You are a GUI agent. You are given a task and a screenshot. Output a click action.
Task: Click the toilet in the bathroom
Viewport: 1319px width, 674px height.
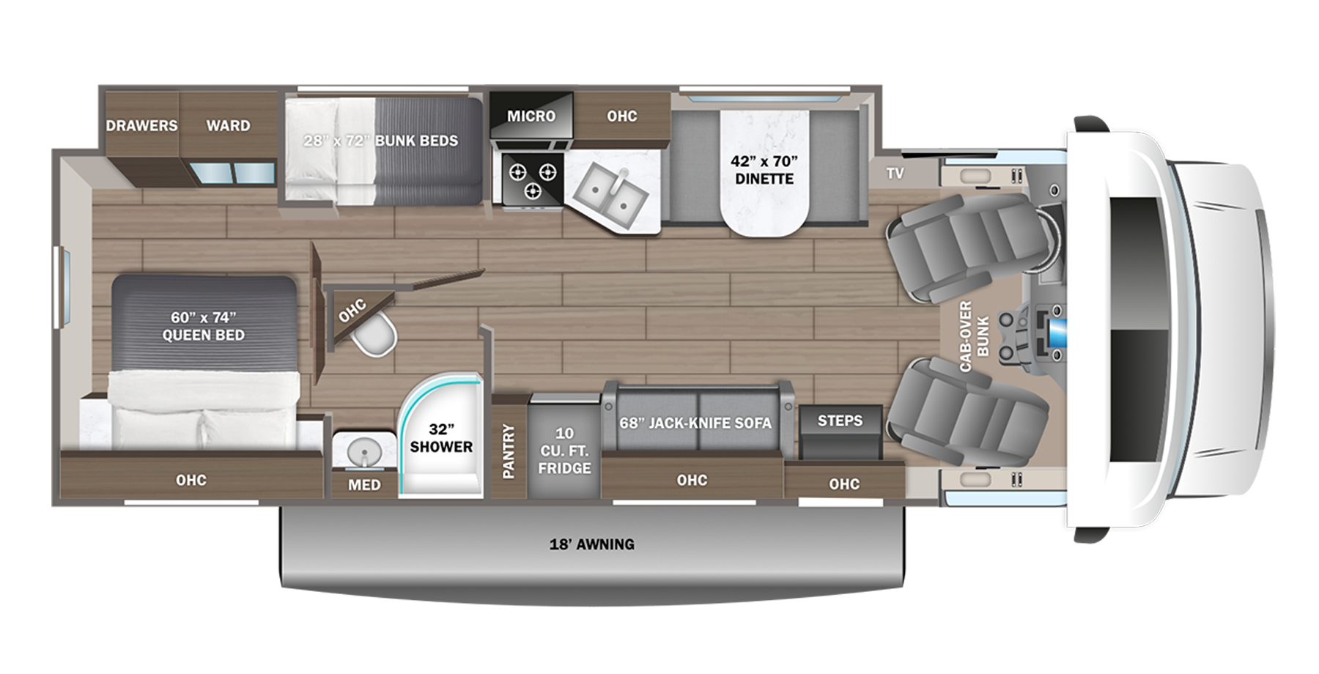tap(374, 336)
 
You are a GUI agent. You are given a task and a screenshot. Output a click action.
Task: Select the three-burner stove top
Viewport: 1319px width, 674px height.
tap(532, 179)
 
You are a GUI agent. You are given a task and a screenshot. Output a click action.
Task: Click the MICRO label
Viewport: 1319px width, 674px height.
tap(531, 116)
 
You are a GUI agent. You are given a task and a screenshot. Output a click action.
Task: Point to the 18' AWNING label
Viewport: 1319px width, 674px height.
tap(592, 544)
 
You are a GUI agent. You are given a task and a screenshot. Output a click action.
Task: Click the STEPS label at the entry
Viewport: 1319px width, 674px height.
tap(840, 421)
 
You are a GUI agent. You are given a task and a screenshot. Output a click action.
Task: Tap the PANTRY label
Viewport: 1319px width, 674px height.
tap(509, 451)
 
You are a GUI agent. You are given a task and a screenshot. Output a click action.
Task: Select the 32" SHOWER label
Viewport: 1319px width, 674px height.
tap(441, 438)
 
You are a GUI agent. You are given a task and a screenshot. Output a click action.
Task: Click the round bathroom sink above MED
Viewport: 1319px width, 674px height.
tap(363, 451)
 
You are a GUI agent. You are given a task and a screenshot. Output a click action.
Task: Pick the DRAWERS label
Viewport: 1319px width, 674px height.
tap(141, 125)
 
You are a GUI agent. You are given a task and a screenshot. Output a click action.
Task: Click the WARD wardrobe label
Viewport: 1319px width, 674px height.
tap(228, 125)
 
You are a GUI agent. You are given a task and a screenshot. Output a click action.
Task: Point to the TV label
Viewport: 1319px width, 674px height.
tap(895, 174)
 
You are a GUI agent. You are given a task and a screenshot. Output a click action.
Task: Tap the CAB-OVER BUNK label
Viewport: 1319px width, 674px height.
tap(974, 336)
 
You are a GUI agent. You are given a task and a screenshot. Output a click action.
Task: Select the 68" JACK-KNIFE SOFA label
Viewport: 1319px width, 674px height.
tap(695, 423)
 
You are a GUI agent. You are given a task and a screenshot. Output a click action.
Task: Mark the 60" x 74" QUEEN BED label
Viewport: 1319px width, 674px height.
tap(204, 326)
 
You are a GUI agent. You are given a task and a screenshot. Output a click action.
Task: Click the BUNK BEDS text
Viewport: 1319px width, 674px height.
tap(416, 141)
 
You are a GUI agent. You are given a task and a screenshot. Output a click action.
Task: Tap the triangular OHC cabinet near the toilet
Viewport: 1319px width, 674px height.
tap(352, 311)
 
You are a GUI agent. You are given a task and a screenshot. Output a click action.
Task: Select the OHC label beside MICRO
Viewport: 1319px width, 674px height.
tap(621, 116)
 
